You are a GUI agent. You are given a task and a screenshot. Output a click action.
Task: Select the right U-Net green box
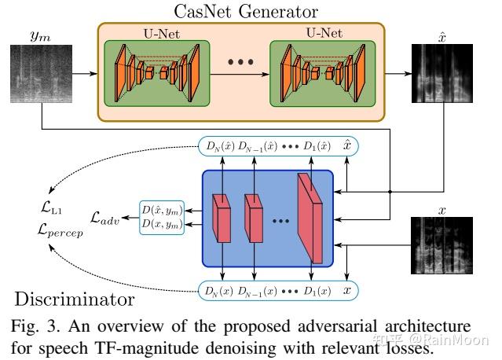click(x=318, y=74)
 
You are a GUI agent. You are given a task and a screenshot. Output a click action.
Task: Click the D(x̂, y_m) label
click(x=161, y=210)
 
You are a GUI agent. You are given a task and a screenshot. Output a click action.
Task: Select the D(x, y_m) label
click(x=161, y=225)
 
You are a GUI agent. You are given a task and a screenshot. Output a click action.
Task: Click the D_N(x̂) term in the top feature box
click(x=220, y=146)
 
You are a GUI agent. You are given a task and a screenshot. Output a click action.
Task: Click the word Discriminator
click(x=72, y=299)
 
